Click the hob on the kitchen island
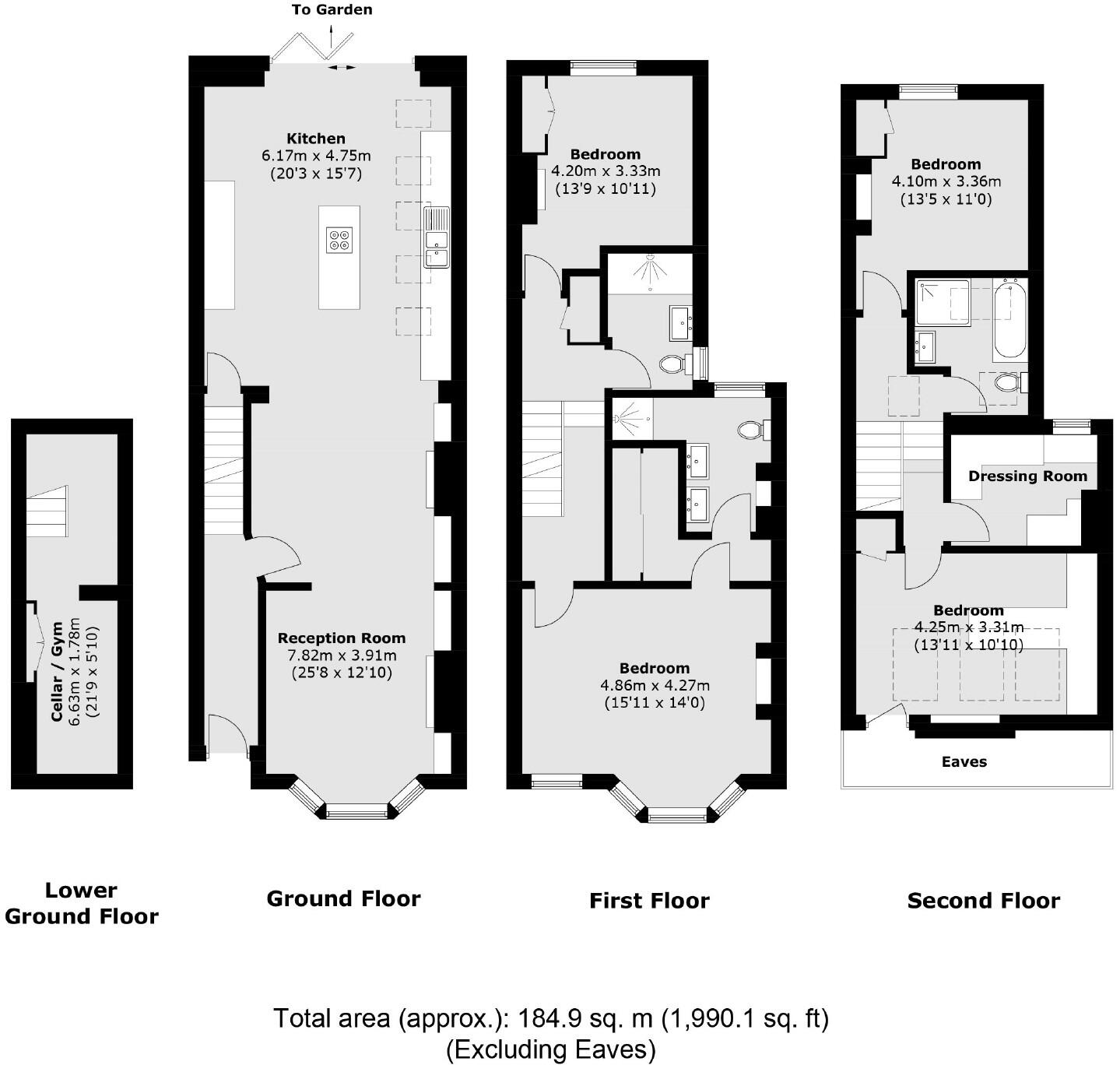[x=339, y=240]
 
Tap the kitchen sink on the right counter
[x=437, y=237]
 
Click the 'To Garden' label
[x=332, y=9]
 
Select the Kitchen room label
[x=315, y=139]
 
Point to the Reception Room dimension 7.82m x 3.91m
[x=342, y=656]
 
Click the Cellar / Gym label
[x=57, y=672]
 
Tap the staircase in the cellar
[x=47, y=511]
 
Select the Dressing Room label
[x=1027, y=476]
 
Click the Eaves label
[x=964, y=762]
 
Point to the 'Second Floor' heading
[x=983, y=900]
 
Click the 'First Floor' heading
[x=649, y=900]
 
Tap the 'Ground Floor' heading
[x=343, y=898]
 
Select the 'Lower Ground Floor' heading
[x=82, y=903]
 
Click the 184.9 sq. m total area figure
[x=585, y=1018]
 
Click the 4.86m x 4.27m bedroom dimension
[x=655, y=685]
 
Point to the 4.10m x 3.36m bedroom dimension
[x=946, y=181]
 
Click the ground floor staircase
[x=224, y=471]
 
